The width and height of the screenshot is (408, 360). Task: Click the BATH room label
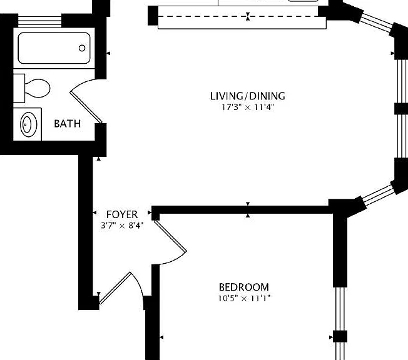click(x=67, y=124)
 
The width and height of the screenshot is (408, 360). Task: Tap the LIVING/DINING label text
click(x=247, y=96)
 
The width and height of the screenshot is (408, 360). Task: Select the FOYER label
click(x=122, y=215)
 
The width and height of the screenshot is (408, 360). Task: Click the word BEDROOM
click(x=244, y=287)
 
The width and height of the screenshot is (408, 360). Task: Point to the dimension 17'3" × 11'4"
click(x=248, y=107)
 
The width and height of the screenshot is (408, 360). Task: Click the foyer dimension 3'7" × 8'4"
click(x=122, y=226)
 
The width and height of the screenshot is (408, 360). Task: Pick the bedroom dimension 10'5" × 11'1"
click(x=244, y=298)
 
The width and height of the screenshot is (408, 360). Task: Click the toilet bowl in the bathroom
click(x=38, y=88)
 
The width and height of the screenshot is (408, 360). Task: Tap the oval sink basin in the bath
click(x=29, y=124)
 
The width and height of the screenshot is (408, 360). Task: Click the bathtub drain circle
click(x=82, y=48)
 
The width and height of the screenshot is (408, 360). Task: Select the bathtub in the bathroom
click(x=54, y=48)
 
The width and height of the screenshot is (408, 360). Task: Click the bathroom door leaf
click(x=86, y=107)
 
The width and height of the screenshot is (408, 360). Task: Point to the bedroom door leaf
click(x=170, y=236)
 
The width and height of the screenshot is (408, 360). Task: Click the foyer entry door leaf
click(x=115, y=288)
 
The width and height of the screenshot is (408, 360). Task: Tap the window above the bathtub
click(x=39, y=22)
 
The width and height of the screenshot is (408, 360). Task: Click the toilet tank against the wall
click(x=19, y=88)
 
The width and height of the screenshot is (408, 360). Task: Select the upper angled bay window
click(x=376, y=22)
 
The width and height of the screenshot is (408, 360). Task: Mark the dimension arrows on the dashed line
click(x=248, y=16)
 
